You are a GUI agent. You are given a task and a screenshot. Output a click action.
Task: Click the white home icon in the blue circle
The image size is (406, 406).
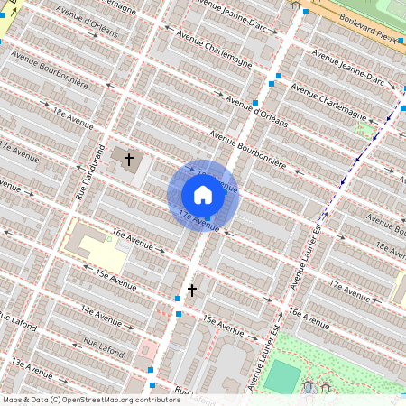203,195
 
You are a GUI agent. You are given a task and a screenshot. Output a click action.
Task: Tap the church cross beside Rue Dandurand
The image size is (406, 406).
128,160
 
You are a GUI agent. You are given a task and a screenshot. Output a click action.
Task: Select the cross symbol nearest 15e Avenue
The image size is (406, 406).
191,290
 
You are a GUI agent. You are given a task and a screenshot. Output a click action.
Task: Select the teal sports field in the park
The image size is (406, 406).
283,375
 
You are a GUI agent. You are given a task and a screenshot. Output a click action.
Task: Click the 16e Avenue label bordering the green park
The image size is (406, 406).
306,317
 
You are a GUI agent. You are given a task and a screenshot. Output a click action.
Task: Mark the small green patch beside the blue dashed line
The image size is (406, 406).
364,130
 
